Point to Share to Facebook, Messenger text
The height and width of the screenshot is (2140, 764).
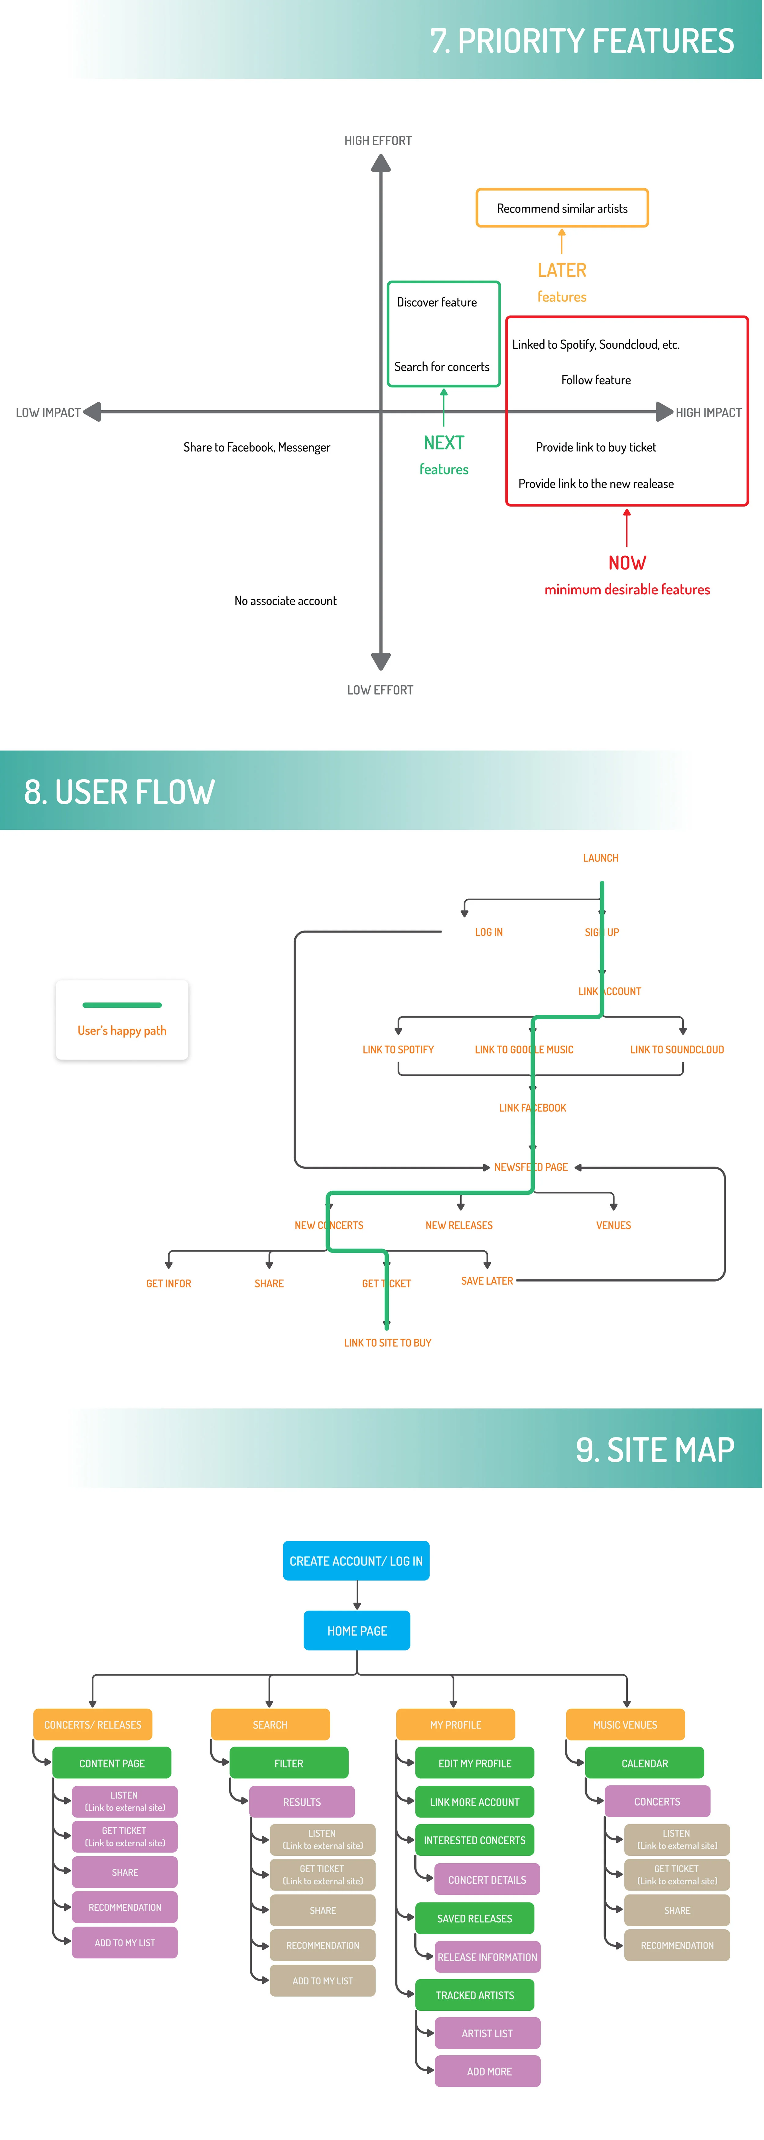click(257, 447)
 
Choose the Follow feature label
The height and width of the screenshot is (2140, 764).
click(595, 380)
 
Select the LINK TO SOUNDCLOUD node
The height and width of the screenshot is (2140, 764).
click(677, 1049)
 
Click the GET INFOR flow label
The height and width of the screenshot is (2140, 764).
click(169, 1283)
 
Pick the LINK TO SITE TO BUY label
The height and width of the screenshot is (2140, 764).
click(388, 1342)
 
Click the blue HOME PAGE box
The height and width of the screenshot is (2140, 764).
click(357, 1631)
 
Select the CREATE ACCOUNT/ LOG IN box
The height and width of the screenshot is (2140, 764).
click(356, 1561)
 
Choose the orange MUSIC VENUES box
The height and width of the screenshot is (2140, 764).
click(625, 1725)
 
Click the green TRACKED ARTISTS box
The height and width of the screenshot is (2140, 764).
click(475, 1994)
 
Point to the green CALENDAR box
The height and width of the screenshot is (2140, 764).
click(645, 1763)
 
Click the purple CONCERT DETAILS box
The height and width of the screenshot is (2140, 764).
click(487, 1880)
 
